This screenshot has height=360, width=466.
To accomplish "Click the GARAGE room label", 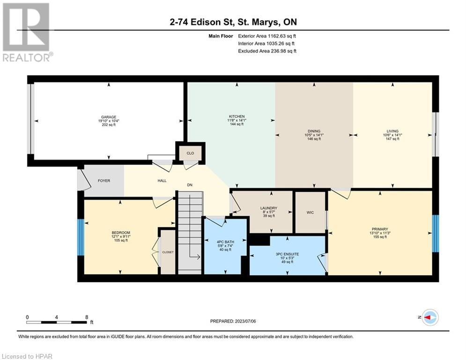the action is tap(109, 117).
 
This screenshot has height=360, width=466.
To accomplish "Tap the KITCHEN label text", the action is tap(237, 116).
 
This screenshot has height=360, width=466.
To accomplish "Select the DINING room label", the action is tap(314, 131).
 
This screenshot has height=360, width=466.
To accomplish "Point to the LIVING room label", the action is tap(392, 131).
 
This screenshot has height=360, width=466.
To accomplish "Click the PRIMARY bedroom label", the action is tap(380, 229).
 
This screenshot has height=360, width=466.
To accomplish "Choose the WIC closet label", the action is tap(310, 212).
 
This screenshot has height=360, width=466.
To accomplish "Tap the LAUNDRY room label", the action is tap(269, 208).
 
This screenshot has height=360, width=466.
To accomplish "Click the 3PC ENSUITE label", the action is tap(287, 254).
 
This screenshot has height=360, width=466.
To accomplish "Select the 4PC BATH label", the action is tap(225, 242).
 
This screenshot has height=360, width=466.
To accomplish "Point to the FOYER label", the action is tap(104, 180).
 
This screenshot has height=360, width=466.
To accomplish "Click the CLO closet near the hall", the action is tap(190, 153).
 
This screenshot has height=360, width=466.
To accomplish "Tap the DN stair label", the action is tap(190, 185).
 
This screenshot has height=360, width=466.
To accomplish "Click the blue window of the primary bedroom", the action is tap(436, 233).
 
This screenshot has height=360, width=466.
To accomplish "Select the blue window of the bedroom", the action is tap(81, 237).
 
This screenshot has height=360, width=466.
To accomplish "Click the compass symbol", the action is tap(430, 317).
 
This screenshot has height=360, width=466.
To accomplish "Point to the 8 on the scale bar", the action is tap(87, 317).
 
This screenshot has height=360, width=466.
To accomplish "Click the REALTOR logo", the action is tap(27, 32).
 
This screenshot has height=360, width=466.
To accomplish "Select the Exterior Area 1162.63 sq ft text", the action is tap(267, 36).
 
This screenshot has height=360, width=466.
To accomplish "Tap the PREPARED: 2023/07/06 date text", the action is tap(233, 321).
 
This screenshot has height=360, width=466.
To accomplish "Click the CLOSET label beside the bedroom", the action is tap(168, 252).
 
